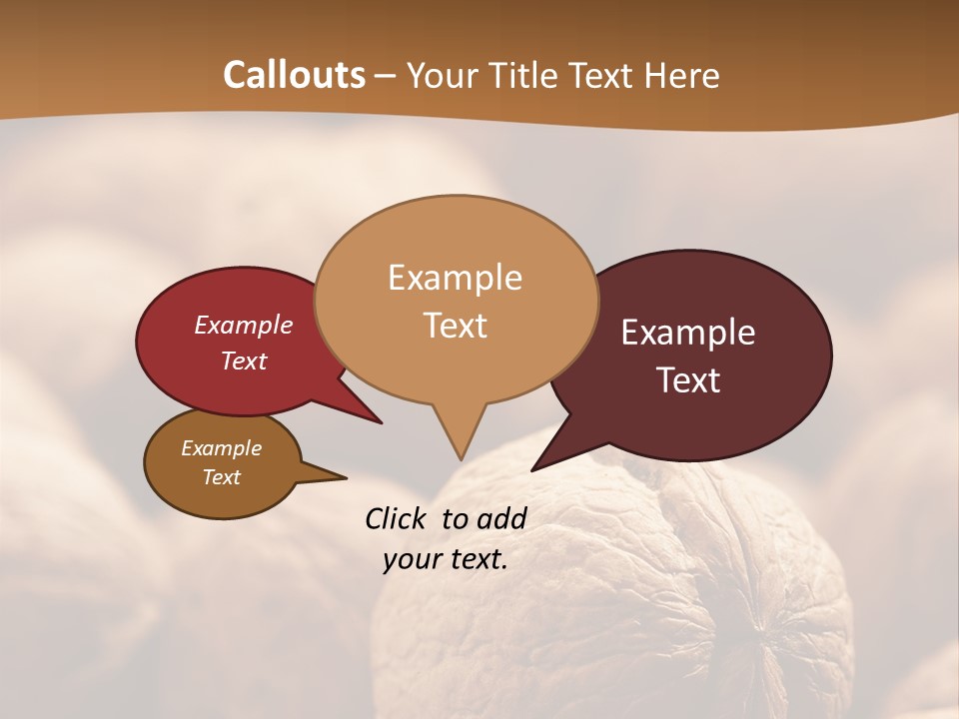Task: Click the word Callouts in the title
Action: tap(294, 75)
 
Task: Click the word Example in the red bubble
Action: tap(243, 325)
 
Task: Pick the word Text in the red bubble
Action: tap(243, 360)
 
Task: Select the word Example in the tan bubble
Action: tap(455, 278)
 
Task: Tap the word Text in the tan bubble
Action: tap(455, 326)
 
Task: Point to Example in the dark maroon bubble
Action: tap(688, 333)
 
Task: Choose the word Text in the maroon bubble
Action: tap(688, 380)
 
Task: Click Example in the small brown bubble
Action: tap(221, 448)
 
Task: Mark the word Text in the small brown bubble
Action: tap(221, 477)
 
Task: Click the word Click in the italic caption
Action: tap(397, 518)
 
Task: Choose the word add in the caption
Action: tap(500, 518)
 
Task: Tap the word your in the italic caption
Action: tap(411, 559)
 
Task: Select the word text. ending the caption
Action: tap(475, 559)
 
